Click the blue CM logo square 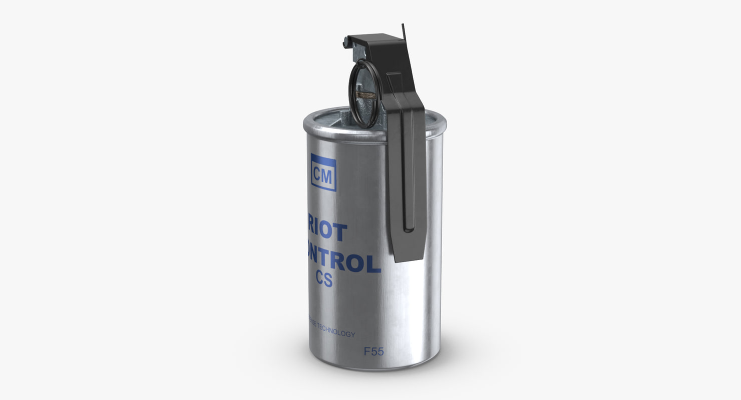[x=323, y=172]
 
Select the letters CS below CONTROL [x=324, y=279]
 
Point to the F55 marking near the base [x=374, y=351]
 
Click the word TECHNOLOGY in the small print [x=337, y=333]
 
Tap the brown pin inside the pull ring [x=365, y=94]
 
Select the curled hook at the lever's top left [x=346, y=43]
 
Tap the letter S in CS [x=328, y=279]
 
